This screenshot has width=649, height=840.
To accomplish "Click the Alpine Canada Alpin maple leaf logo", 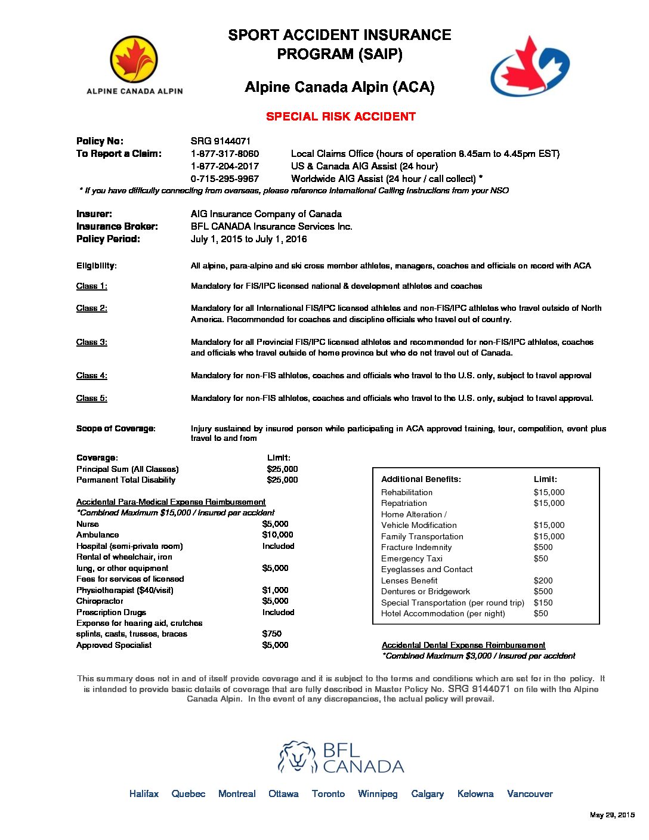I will pos(134,60).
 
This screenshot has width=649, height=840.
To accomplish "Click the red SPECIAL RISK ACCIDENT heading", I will pos(341,116).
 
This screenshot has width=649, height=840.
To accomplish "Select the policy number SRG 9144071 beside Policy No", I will pos(220,141).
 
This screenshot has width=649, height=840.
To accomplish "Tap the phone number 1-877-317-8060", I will pos(224,154).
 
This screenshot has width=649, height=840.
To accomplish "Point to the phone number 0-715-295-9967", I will pos(224,179).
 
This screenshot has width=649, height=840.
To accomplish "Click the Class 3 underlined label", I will pos(91,342).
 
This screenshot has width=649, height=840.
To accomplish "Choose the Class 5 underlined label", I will pos(91,399).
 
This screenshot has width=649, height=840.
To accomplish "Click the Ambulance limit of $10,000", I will pos(277,535).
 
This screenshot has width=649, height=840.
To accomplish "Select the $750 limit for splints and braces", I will pos(271,634).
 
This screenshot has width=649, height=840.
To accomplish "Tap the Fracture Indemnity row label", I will pos(416,548).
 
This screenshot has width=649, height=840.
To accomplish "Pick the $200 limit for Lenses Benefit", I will pos(543,580).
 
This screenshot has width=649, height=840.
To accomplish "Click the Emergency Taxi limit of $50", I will pos(540,559).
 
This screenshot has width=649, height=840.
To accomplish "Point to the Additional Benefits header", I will pos(421,480).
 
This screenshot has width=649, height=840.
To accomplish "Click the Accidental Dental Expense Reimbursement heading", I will pos(463,646).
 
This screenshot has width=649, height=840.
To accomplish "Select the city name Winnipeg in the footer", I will pos(377,794).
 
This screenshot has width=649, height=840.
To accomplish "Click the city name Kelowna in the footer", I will pos(475,794).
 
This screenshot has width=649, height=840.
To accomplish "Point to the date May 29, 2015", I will pos(611,815).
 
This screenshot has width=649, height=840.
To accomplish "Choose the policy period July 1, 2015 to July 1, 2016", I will pos(248,239).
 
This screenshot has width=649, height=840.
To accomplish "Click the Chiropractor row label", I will pos(100,601).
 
